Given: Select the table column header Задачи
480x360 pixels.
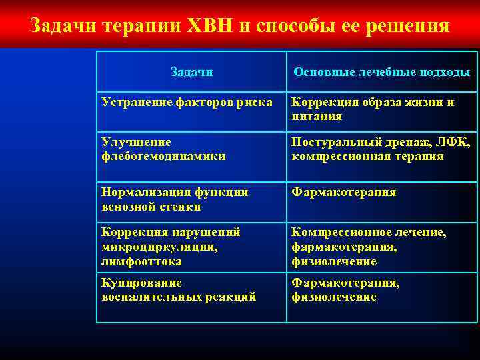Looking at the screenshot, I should tap(191, 72).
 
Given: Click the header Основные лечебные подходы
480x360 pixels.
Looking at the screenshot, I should tap(382, 72).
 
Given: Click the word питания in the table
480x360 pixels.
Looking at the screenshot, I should tap(317, 117).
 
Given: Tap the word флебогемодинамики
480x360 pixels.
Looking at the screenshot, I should tap(163, 157).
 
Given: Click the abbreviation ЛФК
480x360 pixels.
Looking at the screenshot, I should tap(456, 142).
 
